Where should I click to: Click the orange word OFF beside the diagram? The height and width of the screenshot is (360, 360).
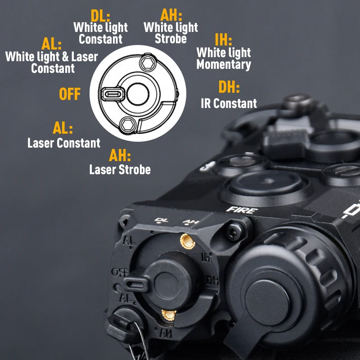tap(70, 94)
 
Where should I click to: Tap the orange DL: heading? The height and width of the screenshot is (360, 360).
tap(100, 16)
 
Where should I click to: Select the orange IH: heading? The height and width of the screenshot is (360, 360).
tap(223, 40)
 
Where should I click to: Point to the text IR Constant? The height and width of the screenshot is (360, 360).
tap(229, 103)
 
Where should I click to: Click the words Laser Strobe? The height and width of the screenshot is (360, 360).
tap(120, 170)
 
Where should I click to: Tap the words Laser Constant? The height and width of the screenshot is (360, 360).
tap(64, 143)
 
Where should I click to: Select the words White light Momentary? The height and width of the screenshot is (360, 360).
tap(224, 58)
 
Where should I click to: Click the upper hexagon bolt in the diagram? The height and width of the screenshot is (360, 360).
tap(148, 63)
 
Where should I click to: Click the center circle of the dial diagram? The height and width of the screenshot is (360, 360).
tap(138, 94)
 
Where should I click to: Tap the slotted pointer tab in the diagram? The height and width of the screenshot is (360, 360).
tap(113, 94)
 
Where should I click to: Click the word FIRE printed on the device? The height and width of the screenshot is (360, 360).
tap(242, 210)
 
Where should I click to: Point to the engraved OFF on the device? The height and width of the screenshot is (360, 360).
tap(120, 273)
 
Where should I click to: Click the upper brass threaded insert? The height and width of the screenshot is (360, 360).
tap(187, 241)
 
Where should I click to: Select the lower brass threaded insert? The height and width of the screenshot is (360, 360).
tap(169, 315)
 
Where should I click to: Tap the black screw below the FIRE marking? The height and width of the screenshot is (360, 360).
tap(234, 231)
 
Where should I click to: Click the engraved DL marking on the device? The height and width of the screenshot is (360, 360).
tap(162, 220)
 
